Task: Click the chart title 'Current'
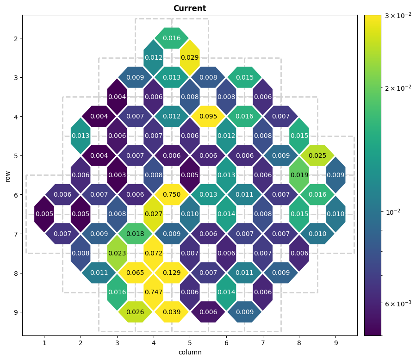[x=190, y=8]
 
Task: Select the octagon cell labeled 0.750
[x=172, y=194]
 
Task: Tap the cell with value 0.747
[x=154, y=292]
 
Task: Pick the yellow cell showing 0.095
[x=208, y=116]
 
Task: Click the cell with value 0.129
[x=172, y=273]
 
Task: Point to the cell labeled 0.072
[x=154, y=253]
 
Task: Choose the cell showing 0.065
[x=135, y=273]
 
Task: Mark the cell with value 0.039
[x=172, y=312]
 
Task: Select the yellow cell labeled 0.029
[x=190, y=57]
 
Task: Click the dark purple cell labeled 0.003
[x=117, y=175]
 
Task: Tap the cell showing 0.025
[x=317, y=155]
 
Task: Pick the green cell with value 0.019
[x=299, y=175]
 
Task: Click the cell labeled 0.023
[x=117, y=253]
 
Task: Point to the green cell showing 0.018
[x=135, y=234]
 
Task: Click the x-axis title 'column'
[x=190, y=352]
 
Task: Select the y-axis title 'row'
[x=8, y=175]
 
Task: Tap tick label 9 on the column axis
[x=335, y=343]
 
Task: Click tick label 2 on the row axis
[x=15, y=38]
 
